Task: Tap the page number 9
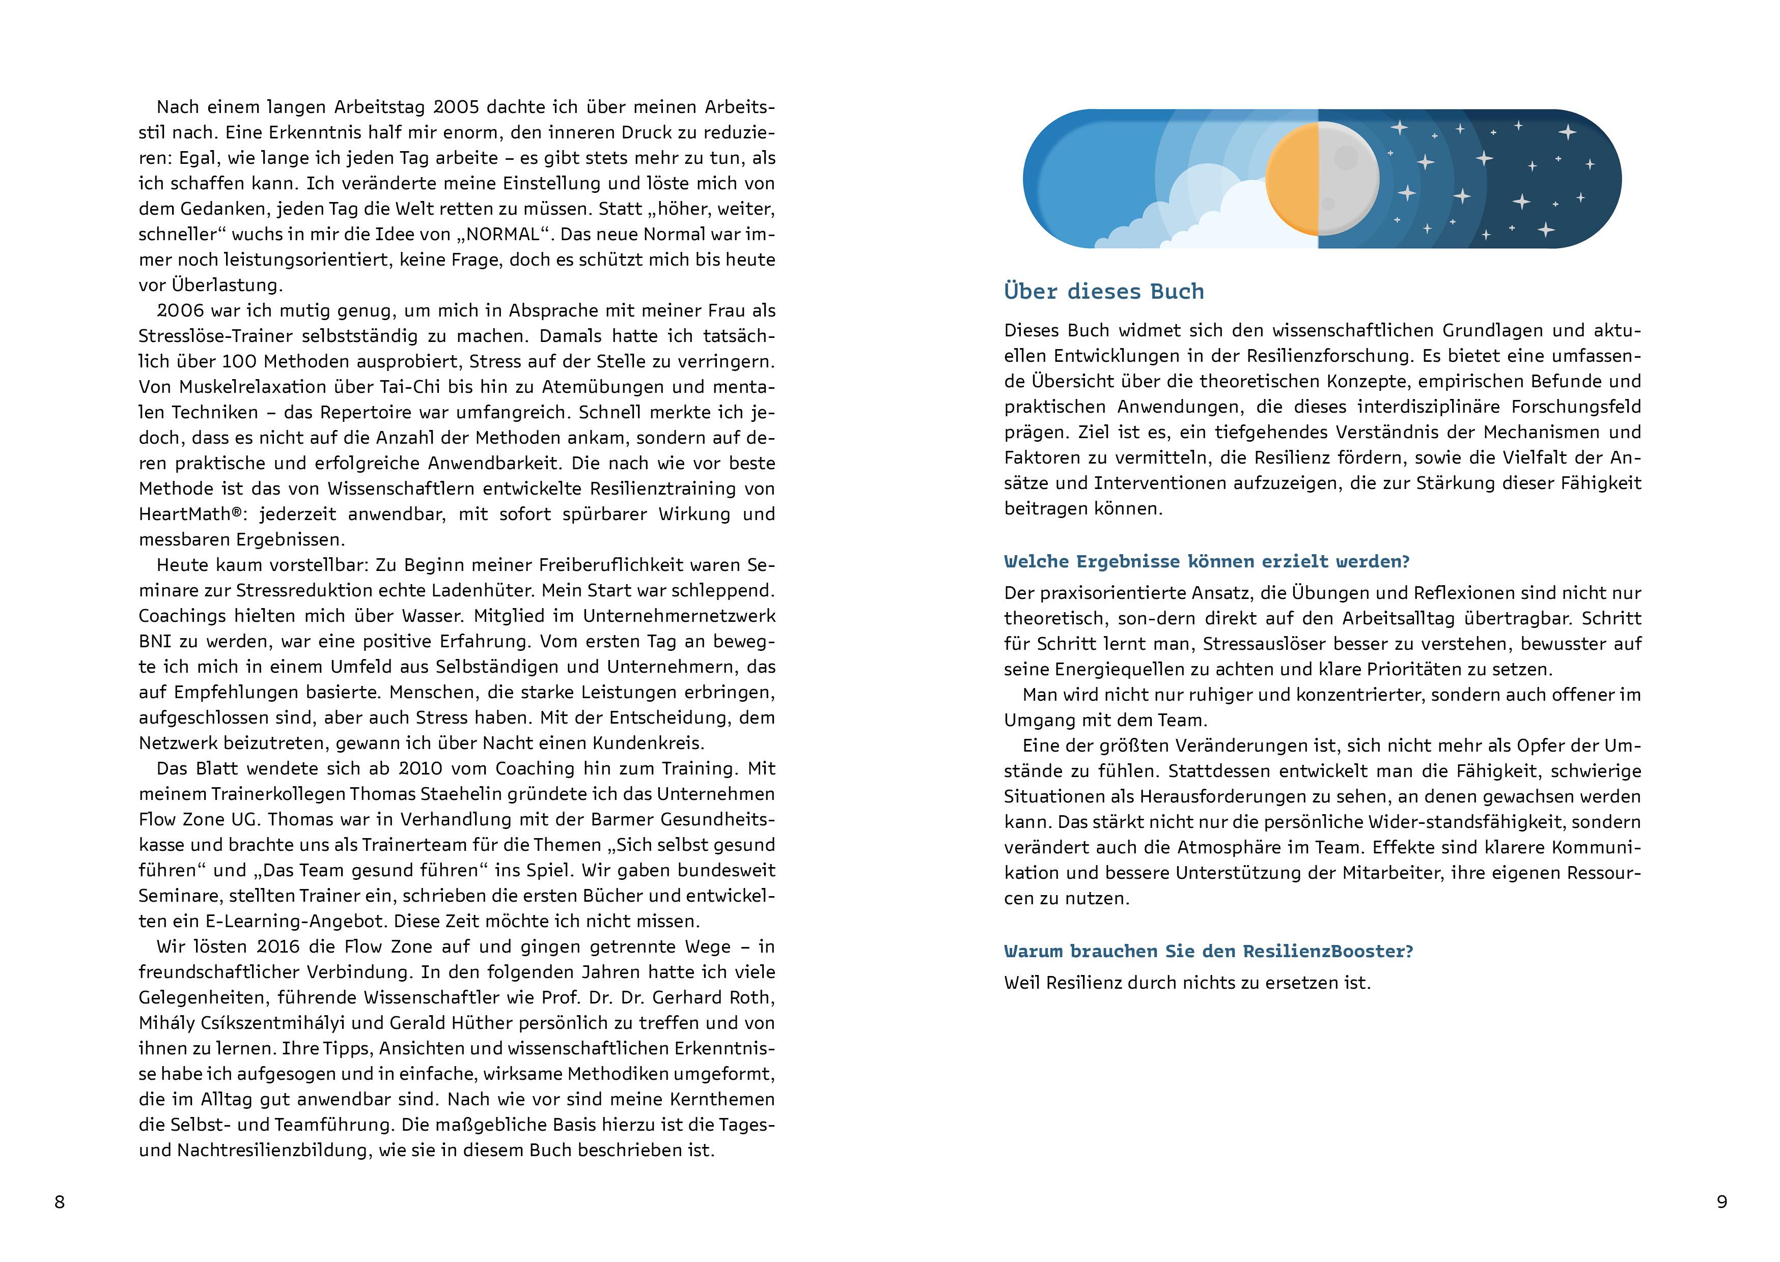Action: (1722, 1202)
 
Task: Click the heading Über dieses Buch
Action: (1104, 292)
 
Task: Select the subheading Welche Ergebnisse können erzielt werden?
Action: (1206, 561)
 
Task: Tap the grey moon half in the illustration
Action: (1347, 179)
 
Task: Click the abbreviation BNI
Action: (155, 641)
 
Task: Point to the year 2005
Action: (459, 106)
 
